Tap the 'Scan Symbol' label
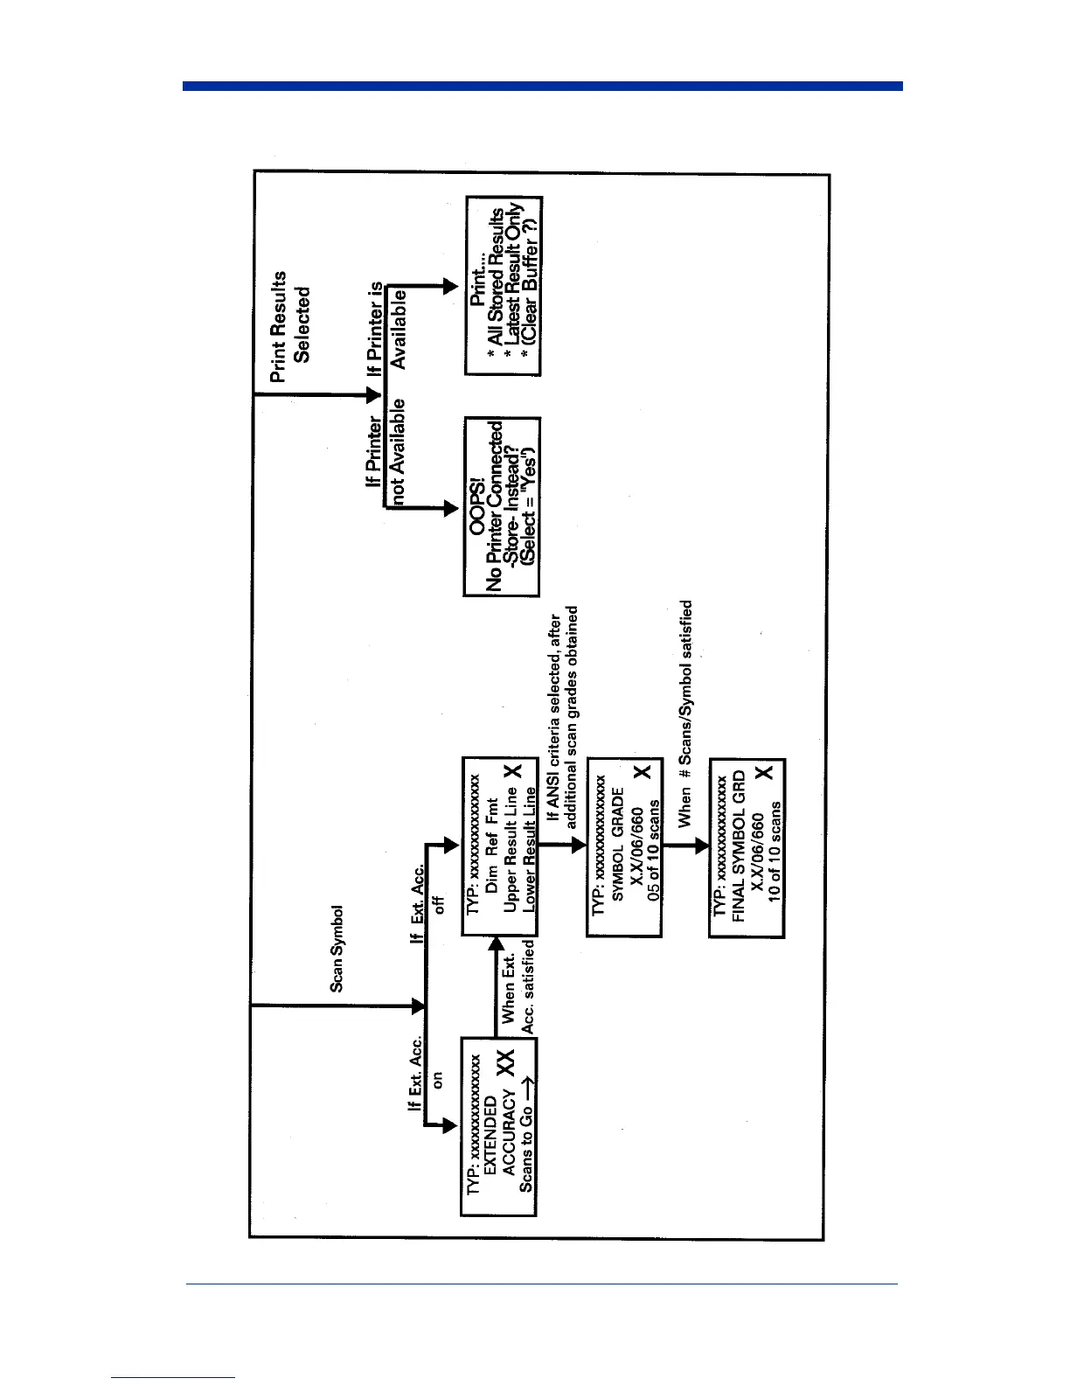pos(337,949)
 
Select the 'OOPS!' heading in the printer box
pos(476,507)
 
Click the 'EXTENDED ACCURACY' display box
pos(498,1126)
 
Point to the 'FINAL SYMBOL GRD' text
pos(739,846)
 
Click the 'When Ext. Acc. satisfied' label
pos(518,987)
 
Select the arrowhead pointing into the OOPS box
pos(450,507)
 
